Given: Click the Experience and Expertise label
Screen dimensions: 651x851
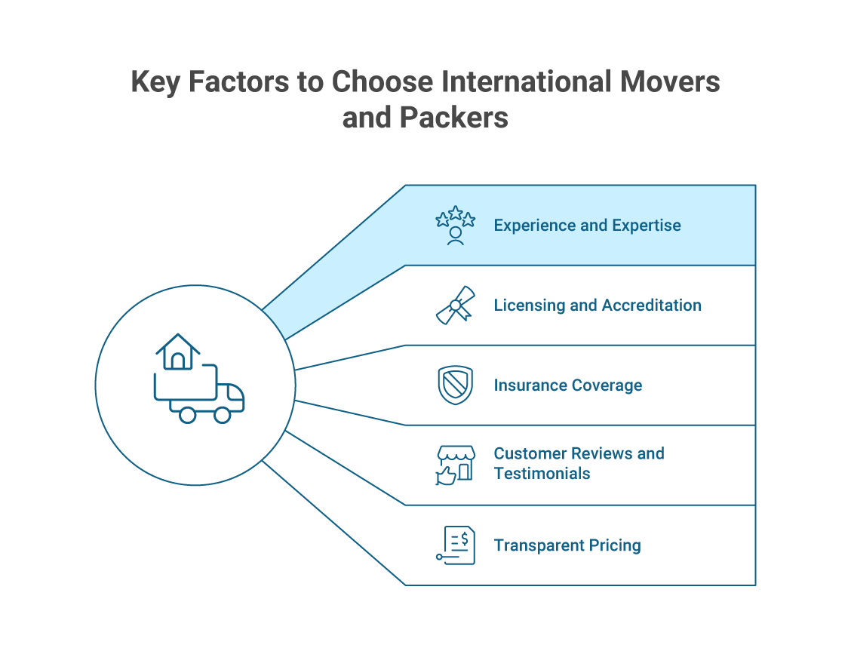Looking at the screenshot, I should point(587,226).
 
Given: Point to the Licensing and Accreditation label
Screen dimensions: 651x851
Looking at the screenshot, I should point(598,306).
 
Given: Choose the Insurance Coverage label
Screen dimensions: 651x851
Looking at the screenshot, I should point(568,385).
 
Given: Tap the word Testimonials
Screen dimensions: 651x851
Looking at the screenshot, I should point(542,474).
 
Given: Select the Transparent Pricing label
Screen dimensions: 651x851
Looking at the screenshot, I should point(567,545).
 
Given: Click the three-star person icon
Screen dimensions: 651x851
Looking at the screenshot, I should point(455,226).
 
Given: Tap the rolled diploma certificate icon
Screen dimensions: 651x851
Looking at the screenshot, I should point(455,306).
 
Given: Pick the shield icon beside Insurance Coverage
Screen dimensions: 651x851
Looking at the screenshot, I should point(455,385).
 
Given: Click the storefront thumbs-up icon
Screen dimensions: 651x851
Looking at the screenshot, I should point(455,465).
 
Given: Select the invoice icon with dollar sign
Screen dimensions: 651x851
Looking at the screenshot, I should point(456,545).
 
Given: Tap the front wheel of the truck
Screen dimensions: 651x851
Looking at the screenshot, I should point(223,414).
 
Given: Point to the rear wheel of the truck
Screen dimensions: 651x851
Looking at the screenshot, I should point(187,414).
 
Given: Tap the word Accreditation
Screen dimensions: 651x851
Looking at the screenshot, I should point(651,306).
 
